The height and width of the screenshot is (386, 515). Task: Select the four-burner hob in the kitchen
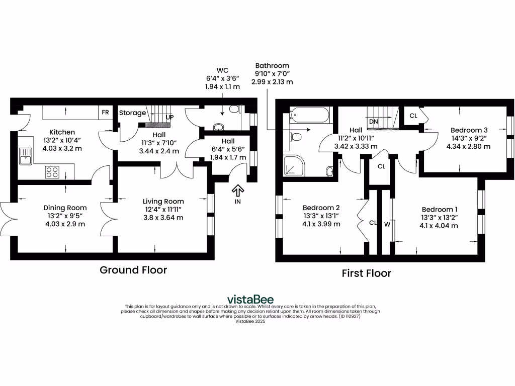[52, 172]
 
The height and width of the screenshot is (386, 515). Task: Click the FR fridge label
[105, 113]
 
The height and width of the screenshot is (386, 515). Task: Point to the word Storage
[132, 113]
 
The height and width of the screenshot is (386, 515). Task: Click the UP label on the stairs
[169, 117]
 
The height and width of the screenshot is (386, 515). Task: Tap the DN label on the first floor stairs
[373, 122]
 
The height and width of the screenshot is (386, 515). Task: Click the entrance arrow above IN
[237, 190]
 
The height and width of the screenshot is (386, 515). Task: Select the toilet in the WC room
[234, 109]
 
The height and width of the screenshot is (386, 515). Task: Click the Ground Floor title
[133, 270]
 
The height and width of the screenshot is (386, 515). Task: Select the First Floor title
[366, 273]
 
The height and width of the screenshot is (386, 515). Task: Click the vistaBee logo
[250, 299]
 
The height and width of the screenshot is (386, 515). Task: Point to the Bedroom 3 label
[469, 130]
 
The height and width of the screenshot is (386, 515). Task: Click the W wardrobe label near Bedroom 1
[387, 224]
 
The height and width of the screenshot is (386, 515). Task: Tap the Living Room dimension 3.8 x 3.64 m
[163, 218]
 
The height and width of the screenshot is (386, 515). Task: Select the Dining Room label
[65, 208]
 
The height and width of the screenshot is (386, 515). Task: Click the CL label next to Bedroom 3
[413, 116]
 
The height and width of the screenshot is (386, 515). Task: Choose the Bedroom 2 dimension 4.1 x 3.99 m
[321, 224]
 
